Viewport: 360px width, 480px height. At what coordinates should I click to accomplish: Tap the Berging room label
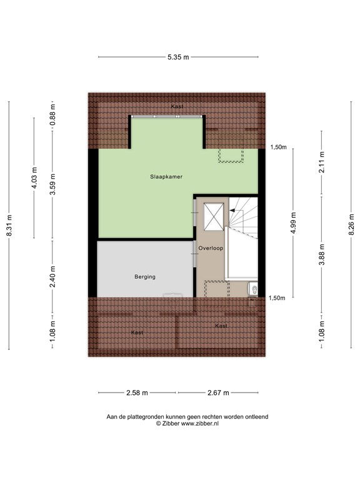point(144,276)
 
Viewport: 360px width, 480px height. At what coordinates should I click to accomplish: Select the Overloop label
point(211,248)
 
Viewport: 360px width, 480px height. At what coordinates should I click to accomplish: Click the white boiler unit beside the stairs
point(253,289)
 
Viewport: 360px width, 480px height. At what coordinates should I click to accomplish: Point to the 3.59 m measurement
point(53,183)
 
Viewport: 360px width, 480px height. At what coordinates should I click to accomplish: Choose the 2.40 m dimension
point(53,276)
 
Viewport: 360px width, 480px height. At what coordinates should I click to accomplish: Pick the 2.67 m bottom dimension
point(217,392)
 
